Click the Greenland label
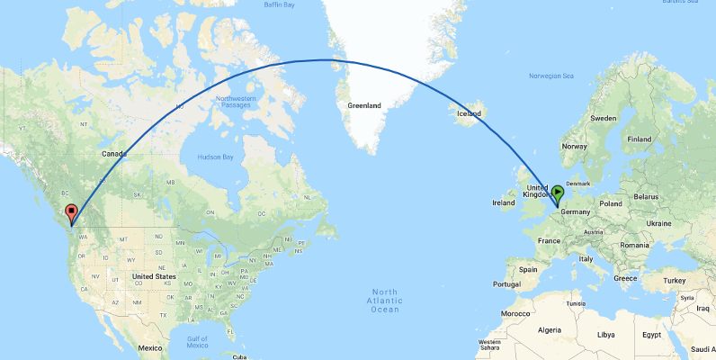tap(364, 105)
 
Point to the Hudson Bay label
tap(215, 157)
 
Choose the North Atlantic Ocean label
tap(385, 301)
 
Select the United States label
tap(154, 276)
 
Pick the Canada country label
tap(114, 154)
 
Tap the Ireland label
tap(504, 203)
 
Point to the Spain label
tap(527, 269)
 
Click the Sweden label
tap(603, 119)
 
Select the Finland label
tap(640, 139)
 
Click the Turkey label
tap(675, 280)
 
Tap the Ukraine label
tap(658, 222)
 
